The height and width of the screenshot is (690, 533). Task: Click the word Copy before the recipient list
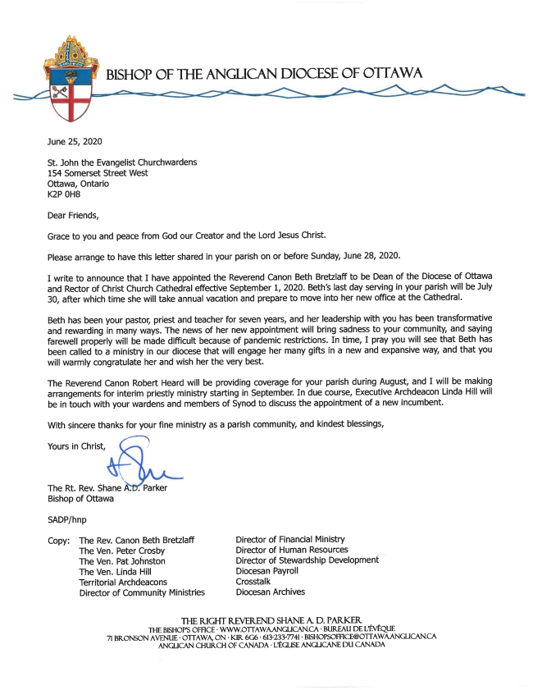58,540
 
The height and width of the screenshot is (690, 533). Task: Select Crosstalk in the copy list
253,582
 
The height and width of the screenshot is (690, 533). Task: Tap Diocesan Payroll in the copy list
267,571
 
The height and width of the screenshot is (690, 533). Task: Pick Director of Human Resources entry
291,550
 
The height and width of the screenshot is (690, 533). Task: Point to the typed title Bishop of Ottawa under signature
81,497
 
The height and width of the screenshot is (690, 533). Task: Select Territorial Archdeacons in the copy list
123,582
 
